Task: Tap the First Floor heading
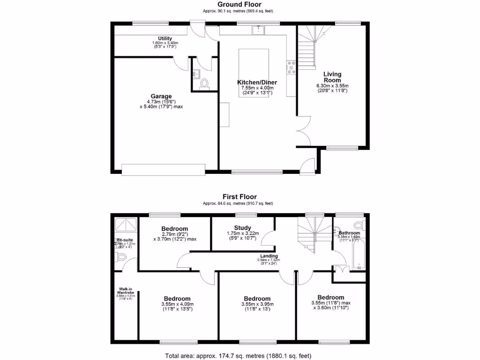click(x=240, y=197)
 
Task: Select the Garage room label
click(x=161, y=97)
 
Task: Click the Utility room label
click(x=165, y=38)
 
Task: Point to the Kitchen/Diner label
click(x=257, y=82)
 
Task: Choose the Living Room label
click(x=332, y=77)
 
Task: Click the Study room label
click(x=242, y=228)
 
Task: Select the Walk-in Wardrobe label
click(x=124, y=291)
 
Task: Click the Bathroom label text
click(x=350, y=233)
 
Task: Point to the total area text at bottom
click(x=240, y=355)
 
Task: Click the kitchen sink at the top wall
click(x=258, y=30)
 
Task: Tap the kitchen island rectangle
click(x=254, y=63)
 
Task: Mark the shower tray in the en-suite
click(x=126, y=225)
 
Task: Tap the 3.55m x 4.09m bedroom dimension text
click(x=177, y=304)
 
